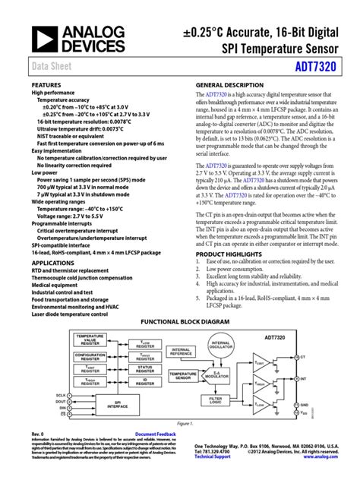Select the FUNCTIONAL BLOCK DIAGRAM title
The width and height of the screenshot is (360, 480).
[179, 321]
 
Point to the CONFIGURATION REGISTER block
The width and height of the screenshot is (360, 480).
[91, 356]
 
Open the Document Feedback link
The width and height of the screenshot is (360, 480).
[156, 454]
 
